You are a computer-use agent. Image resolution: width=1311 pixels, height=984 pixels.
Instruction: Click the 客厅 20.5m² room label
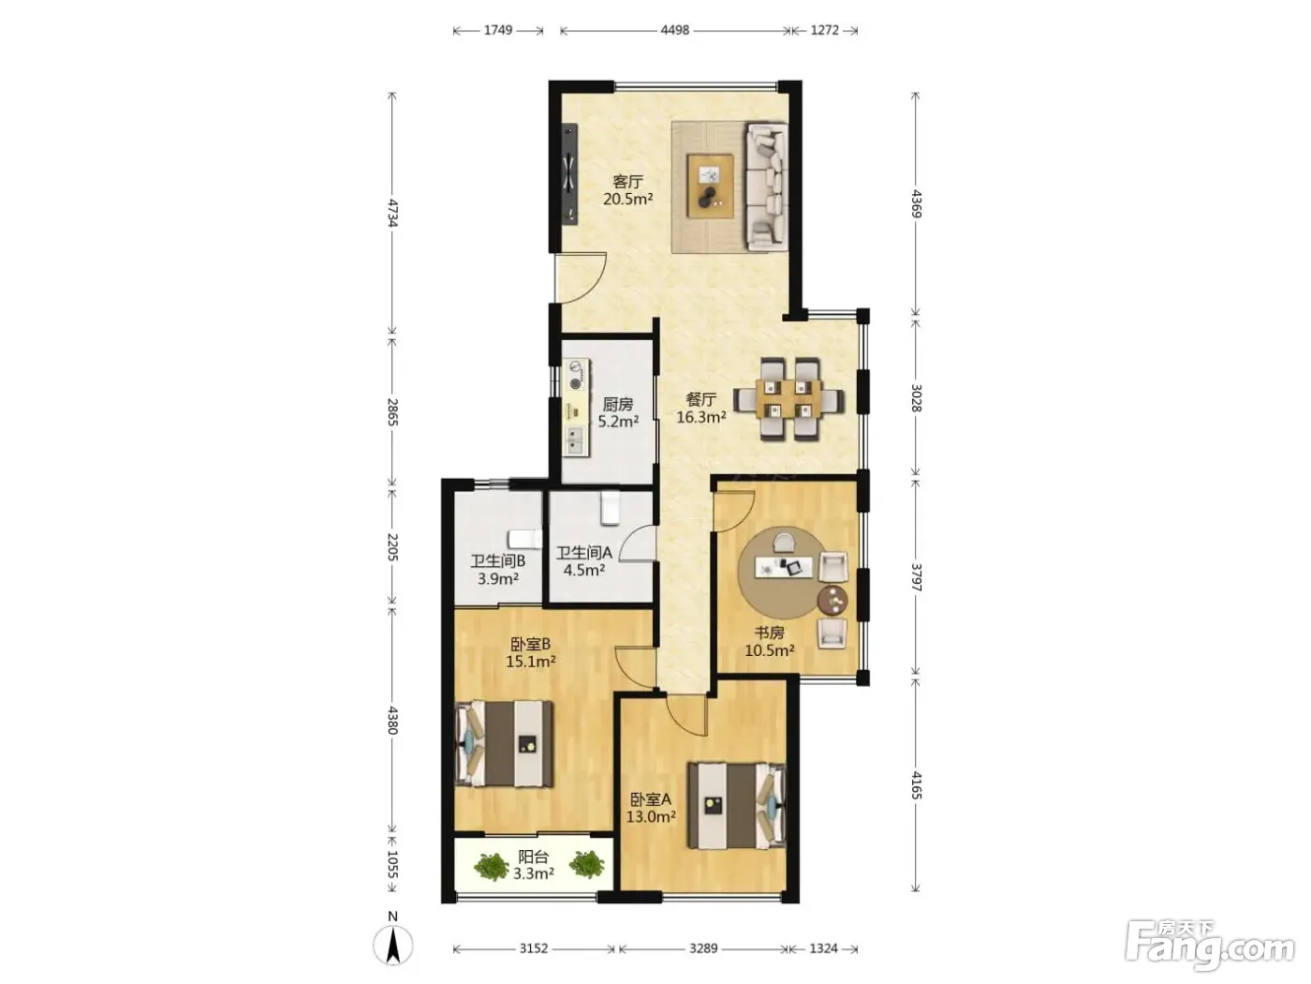(x=627, y=190)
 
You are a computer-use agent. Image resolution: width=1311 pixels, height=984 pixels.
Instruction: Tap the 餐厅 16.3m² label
(x=700, y=408)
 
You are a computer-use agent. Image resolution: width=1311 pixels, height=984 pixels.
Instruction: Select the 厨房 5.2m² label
(x=618, y=413)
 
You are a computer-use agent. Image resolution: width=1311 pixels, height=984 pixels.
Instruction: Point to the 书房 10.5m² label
(x=770, y=641)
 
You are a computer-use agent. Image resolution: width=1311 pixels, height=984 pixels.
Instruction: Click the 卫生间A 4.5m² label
(x=584, y=561)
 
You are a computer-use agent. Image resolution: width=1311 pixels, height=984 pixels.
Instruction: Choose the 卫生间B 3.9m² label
(x=497, y=570)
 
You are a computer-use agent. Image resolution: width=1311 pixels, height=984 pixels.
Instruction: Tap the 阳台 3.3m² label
(x=534, y=865)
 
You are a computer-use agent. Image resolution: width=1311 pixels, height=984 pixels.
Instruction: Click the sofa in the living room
(x=766, y=186)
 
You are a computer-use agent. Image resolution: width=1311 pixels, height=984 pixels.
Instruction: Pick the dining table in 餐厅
(x=788, y=399)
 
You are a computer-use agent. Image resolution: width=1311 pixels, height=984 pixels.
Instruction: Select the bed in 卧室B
(x=504, y=744)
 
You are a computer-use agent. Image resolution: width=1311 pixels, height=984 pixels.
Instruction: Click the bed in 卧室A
(x=736, y=805)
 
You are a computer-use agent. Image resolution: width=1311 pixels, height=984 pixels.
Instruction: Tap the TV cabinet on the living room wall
(x=153, y=174)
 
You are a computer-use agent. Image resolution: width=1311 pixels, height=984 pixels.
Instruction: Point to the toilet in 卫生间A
(x=610, y=508)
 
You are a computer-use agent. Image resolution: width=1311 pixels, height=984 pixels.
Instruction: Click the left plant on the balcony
(x=491, y=866)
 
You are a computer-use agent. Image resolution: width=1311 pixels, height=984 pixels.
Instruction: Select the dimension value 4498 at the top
(x=675, y=30)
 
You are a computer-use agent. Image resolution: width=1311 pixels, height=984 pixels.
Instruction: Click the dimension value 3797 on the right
(x=916, y=577)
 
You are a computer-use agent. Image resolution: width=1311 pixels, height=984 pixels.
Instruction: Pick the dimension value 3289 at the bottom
(x=703, y=948)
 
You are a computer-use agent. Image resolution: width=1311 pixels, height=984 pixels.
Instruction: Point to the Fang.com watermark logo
(x=1210, y=949)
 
